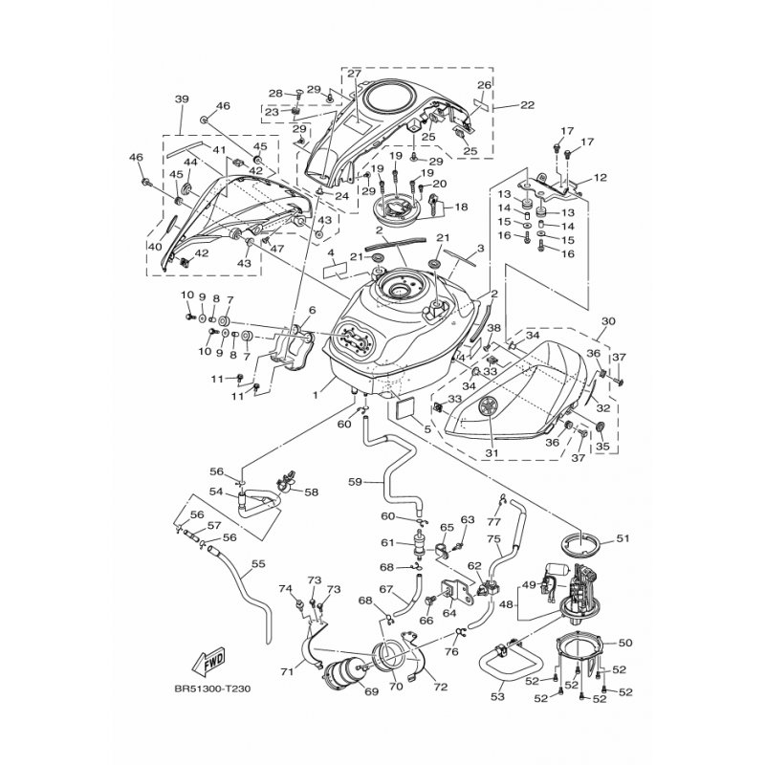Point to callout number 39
click(x=182, y=99)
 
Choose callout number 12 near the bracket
click(x=600, y=177)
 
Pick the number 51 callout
click(x=623, y=539)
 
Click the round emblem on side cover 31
click(x=486, y=405)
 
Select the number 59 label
click(x=354, y=482)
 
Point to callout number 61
click(x=388, y=543)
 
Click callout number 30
click(x=608, y=322)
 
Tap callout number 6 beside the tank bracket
click(x=310, y=311)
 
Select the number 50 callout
click(x=626, y=643)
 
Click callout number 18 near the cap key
click(x=461, y=207)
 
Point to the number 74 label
click(x=284, y=589)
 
